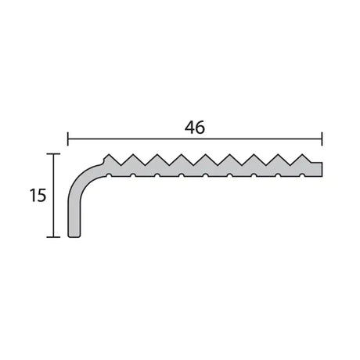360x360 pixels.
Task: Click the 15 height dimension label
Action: [35, 196]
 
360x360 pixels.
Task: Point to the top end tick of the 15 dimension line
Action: [52, 154]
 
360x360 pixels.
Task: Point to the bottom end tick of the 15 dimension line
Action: [52, 236]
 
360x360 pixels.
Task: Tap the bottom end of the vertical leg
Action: [74, 236]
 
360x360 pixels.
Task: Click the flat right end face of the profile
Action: [322, 170]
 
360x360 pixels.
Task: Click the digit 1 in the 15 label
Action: [31, 196]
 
